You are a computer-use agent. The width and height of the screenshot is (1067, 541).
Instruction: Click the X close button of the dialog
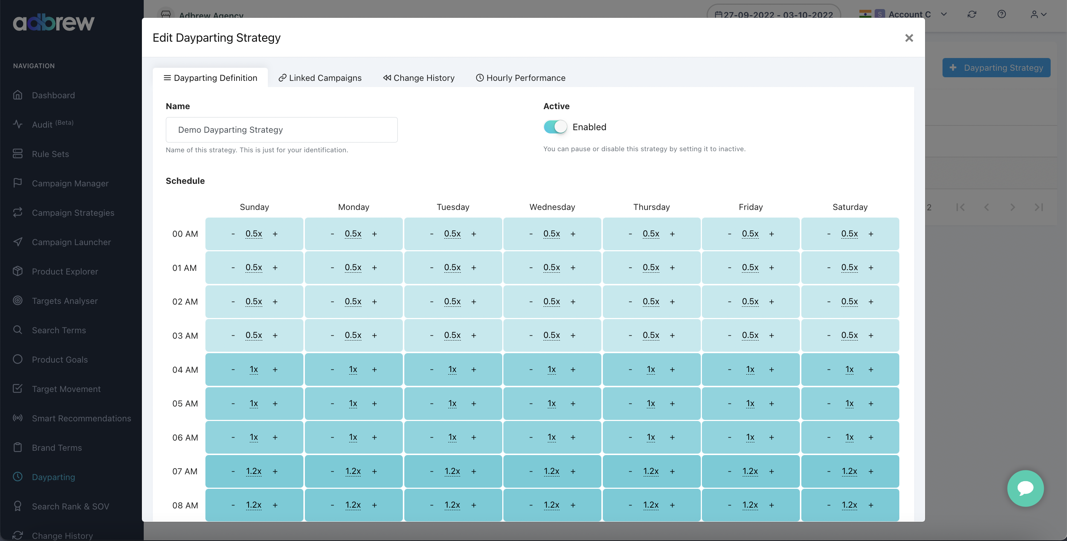click(x=909, y=38)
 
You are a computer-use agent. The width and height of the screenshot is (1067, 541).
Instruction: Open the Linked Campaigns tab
click(x=320, y=78)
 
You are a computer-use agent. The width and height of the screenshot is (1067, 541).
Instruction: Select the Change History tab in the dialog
click(x=419, y=78)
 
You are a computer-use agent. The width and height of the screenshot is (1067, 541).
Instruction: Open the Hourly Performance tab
click(x=521, y=78)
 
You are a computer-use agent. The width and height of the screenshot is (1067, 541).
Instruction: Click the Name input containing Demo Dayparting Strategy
click(x=281, y=130)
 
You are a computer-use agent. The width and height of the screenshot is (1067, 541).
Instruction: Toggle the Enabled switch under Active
click(x=555, y=127)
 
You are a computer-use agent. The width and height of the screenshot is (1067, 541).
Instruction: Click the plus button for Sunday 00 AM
click(x=275, y=234)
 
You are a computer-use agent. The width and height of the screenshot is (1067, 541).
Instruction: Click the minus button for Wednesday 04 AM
click(x=531, y=369)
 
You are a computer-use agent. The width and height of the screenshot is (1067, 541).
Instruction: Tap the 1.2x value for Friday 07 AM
click(x=750, y=471)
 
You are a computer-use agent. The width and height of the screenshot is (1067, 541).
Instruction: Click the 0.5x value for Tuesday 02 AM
click(x=452, y=302)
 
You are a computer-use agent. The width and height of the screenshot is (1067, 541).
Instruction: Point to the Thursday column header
click(x=651, y=207)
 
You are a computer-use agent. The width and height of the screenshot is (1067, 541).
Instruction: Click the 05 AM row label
click(x=185, y=404)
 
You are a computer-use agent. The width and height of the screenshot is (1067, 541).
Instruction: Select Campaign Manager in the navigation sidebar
click(x=70, y=183)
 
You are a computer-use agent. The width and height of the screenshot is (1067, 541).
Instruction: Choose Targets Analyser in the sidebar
click(x=65, y=301)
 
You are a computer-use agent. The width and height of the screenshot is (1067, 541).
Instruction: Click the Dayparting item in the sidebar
click(x=53, y=477)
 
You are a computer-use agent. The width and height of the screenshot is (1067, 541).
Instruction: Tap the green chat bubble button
click(x=1025, y=488)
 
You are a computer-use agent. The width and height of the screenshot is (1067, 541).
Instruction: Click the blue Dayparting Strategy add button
click(x=996, y=67)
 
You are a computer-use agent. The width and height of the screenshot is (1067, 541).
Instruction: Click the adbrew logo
click(x=54, y=23)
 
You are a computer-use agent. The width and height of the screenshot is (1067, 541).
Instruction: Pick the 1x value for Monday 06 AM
click(x=353, y=437)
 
